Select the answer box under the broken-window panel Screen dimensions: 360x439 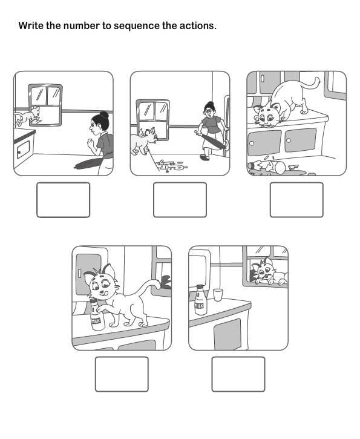63,200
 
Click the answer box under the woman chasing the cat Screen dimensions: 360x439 180,200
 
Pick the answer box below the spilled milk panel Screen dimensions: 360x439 296,200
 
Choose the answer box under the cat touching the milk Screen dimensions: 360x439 122,374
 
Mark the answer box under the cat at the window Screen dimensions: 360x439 238,374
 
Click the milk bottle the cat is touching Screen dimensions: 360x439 97,315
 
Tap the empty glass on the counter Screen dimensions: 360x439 218,295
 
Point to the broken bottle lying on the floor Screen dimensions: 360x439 267,167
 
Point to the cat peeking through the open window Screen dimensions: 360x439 268,271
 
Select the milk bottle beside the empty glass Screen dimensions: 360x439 200,300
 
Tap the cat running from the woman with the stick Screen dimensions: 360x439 143,140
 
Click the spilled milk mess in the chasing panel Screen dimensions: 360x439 172,165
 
